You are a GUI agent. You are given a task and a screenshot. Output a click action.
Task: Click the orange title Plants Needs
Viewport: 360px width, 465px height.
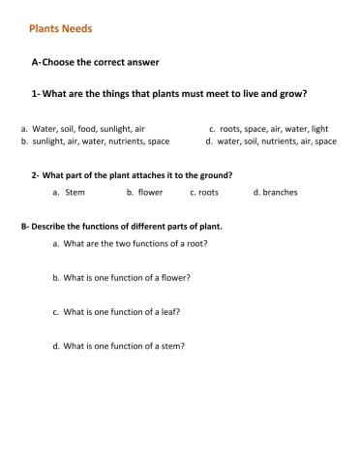[x=61, y=28]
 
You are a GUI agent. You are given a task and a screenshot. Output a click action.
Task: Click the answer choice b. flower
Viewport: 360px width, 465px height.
[x=144, y=192]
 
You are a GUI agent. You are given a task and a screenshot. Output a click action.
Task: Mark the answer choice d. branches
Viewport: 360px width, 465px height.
[x=275, y=192]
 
